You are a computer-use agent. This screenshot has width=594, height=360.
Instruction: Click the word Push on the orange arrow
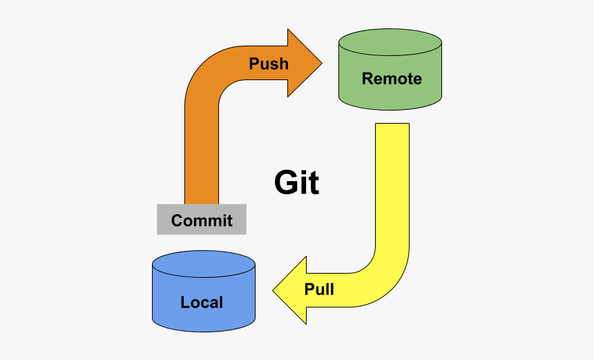click(x=269, y=64)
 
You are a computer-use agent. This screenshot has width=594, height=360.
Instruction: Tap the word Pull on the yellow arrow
click(x=319, y=290)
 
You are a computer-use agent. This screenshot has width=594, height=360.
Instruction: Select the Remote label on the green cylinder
click(x=392, y=79)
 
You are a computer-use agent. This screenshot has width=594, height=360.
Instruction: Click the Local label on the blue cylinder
click(x=202, y=303)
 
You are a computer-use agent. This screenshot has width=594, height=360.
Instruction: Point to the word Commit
click(x=202, y=220)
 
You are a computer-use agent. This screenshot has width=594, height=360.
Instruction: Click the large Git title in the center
click(x=296, y=182)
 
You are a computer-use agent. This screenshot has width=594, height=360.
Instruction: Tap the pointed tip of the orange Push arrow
click(x=322, y=63)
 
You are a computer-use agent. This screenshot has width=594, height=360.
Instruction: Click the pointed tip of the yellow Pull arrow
click(x=273, y=291)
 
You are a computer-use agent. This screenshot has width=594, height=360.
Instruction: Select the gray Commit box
click(x=202, y=220)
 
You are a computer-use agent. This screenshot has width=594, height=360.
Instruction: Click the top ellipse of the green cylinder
click(x=390, y=42)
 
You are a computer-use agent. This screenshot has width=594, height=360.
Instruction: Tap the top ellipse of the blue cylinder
click(x=204, y=264)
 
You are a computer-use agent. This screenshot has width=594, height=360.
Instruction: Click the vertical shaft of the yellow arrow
click(x=392, y=186)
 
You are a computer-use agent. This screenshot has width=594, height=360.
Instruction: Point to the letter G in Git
click(x=285, y=182)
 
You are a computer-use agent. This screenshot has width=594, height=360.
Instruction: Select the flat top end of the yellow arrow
click(x=392, y=124)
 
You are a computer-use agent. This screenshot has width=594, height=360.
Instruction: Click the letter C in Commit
click(x=177, y=220)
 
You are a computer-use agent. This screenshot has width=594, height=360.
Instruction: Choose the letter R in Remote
click(x=367, y=79)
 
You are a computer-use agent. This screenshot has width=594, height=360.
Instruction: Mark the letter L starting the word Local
click(x=184, y=303)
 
